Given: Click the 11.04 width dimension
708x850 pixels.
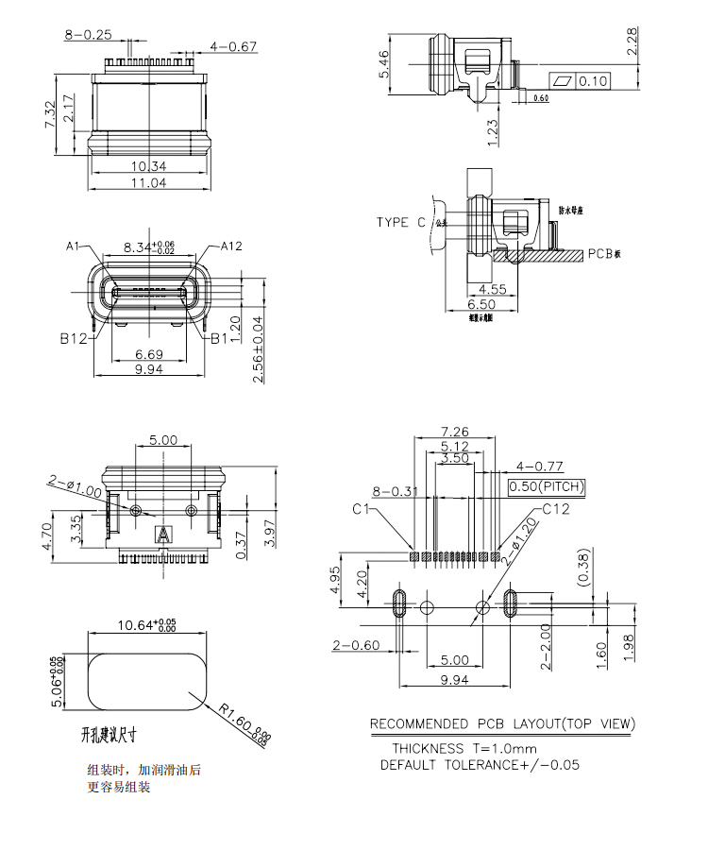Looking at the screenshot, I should tap(148, 183).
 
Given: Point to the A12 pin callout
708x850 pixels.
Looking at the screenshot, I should tap(231, 246).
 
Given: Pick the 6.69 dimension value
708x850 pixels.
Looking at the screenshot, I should tap(148, 353).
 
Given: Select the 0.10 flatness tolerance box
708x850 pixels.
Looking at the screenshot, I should tap(593, 81).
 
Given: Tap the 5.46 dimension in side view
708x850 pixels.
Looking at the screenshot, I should tap(385, 65).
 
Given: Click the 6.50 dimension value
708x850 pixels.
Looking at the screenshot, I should tap(481, 305).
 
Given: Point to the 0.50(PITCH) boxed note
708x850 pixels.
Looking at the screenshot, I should tap(547, 487).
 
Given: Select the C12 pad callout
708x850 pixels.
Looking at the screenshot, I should tap(556, 510).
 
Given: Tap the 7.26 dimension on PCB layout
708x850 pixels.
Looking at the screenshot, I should tap(455, 432).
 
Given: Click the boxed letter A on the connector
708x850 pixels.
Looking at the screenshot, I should tap(164, 535).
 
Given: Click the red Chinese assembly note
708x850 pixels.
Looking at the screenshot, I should tap(143, 778).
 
